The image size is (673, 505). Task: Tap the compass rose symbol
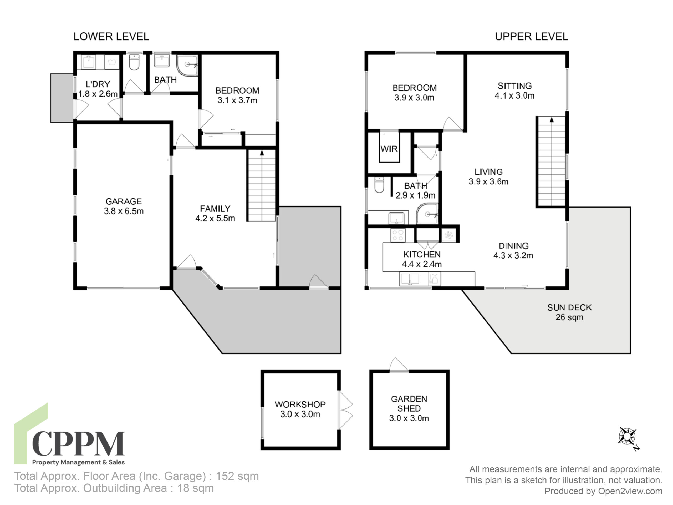click(x=627, y=437)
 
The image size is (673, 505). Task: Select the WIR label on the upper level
click(x=389, y=149)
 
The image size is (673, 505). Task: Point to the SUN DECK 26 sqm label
click(x=569, y=312)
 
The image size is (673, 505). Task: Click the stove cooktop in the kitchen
click(x=398, y=235)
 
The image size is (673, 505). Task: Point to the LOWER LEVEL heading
click(x=111, y=37)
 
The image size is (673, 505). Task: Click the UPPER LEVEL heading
click(x=531, y=37)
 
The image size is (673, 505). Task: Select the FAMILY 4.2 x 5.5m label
click(x=215, y=213)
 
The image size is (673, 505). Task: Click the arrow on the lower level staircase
click(x=262, y=153)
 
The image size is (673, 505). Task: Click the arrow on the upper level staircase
click(x=552, y=120)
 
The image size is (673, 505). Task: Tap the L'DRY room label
click(x=98, y=89)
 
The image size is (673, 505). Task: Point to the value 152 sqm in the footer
click(x=237, y=476)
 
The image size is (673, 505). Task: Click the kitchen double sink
click(x=410, y=279)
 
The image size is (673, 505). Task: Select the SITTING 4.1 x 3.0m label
click(x=514, y=91)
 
